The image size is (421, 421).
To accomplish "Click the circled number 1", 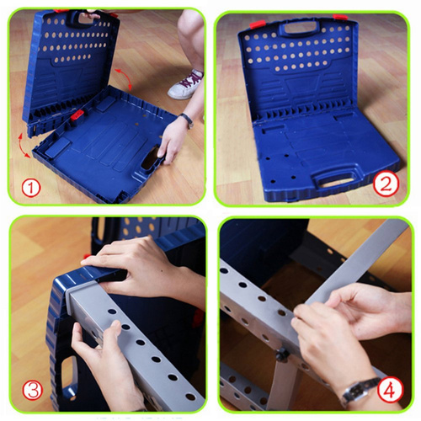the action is click(31, 188).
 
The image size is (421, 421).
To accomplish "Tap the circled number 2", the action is click(386, 184).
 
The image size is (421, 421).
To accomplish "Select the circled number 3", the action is click(33, 390).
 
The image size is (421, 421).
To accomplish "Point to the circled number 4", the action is click(390, 390).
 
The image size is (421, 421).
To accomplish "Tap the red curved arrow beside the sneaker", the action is click(124, 78).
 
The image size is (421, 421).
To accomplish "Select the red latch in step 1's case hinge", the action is click(77, 115).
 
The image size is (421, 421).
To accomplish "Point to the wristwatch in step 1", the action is click(187, 120).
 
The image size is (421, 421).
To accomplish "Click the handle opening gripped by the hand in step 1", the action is click(150, 158).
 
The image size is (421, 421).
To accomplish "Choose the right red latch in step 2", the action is click(340, 18).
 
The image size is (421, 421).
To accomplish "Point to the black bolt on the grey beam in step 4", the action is click(282, 355).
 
